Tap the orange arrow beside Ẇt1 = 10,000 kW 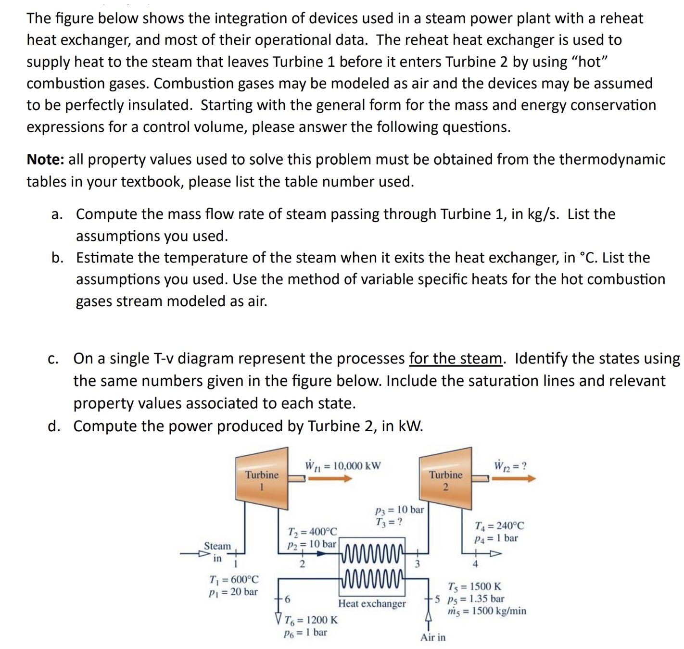coord(330,479)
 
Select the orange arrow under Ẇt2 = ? coord(513,479)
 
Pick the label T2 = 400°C coord(312,532)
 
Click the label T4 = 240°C coord(499,526)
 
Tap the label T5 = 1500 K coord(474,587)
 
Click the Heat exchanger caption coord(372,604)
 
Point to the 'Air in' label coord(433,637)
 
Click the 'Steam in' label coord(217,552)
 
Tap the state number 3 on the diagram coord(417,564)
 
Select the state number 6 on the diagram coord(288,599)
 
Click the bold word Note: coord(45,160)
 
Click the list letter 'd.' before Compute coord(54,426)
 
